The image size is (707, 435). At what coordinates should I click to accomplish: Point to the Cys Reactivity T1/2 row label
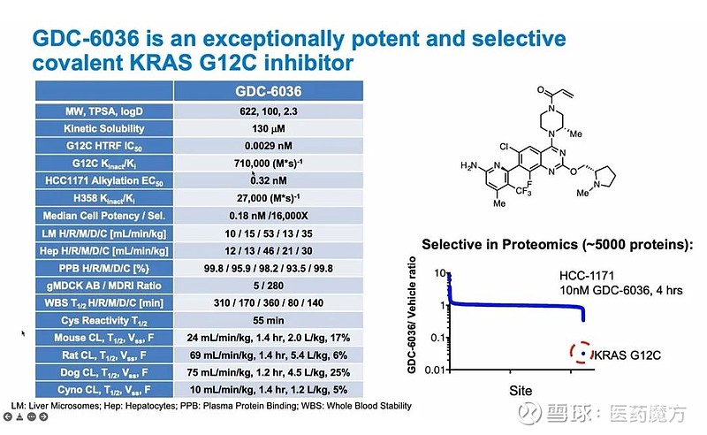(x=105, y=319)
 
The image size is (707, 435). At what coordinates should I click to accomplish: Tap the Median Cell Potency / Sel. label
(x=105, y=216)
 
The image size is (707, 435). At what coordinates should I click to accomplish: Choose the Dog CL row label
(x=105, y=371)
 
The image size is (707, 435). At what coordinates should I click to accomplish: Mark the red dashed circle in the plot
(x=582, y=354)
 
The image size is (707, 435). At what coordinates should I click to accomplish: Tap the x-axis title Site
(x=520, y=388)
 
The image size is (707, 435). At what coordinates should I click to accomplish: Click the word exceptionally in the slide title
(x=257, y=39)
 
